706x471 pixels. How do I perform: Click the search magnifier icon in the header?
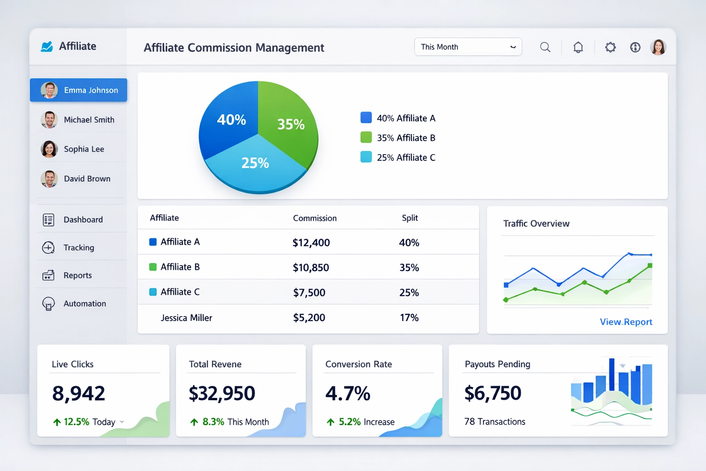pyautogui.click(x=545, y=47)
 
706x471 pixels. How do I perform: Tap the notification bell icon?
pyautogui.click(x=578, y=47)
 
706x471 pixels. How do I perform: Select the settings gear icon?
pyautogui.click(x=610, y=47)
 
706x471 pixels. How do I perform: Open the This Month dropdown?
pyautogui.click(x=468, y=47)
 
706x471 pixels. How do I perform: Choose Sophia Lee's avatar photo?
pyautogui.click(x=49, y=149)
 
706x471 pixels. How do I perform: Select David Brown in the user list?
pyautogui.click(x=87, y=178)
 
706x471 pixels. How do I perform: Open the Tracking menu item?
pyautogui.click(x=79, y=247)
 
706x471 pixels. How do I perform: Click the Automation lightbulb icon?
pyautogui.click(x=48, y=304)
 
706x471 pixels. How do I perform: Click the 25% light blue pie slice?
pyautogui.click(x=255, y=166)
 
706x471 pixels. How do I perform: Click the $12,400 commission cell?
pyautogui.click(x=311, y=242)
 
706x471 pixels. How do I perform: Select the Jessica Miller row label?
pyautogui.click(x=186, y=318)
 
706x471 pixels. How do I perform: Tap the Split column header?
pyautogui.click(x=410, y=218)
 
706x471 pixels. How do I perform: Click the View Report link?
pyautogui.click(x=626, y=322)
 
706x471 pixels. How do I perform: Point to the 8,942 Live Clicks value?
pyautogui.click(x=79, y=394)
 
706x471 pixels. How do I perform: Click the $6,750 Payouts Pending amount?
pyautogui.click(x=493, y=393)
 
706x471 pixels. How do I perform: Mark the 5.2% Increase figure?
pyautogui.click(x=349, y=422)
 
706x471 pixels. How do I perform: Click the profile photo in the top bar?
pyautogui.click(x=658, y=47)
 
